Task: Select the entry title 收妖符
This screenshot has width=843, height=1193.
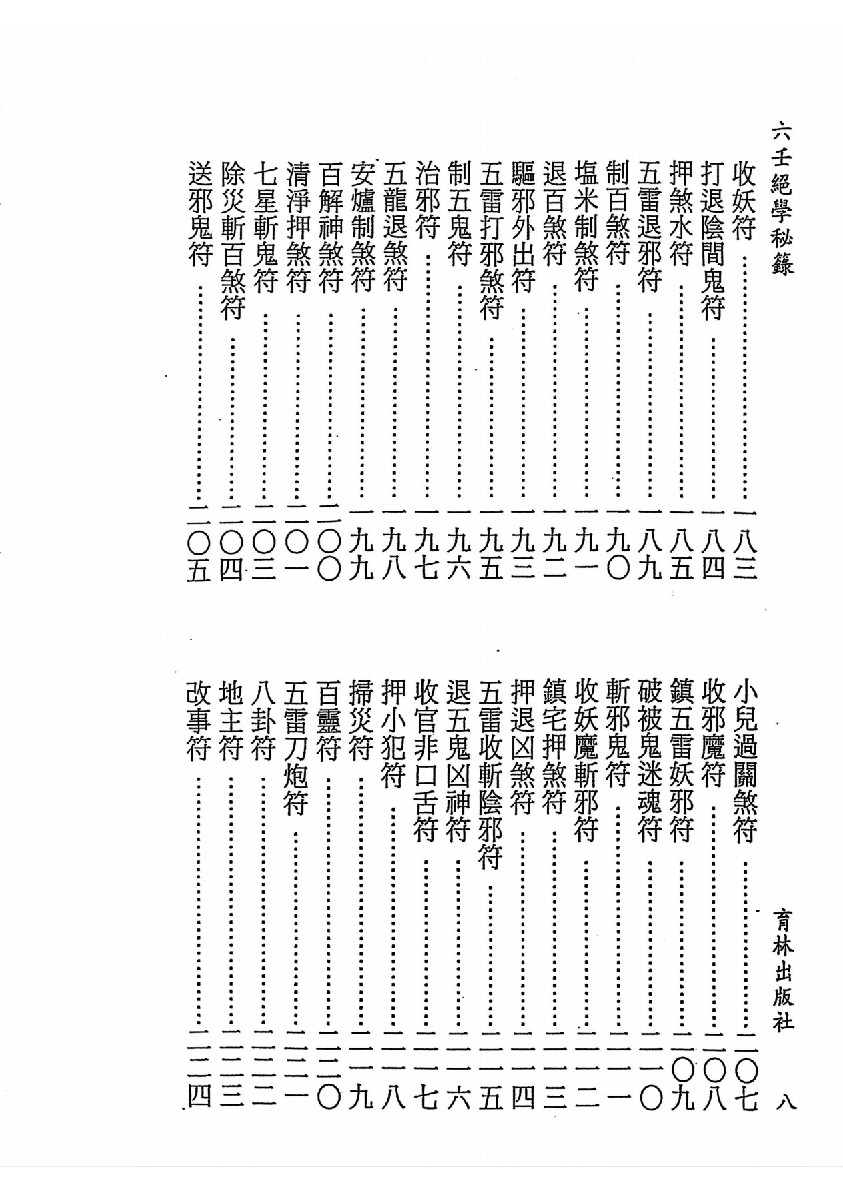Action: click(744, 199)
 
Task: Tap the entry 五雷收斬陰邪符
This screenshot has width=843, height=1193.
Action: click(489, 774)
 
